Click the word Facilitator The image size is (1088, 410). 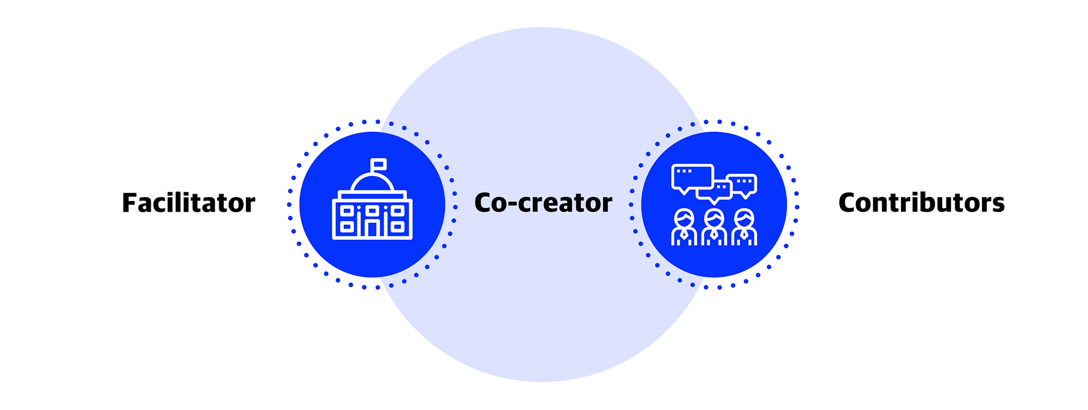pyautogui.click(x=189, y=203)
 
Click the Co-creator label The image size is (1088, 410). pyautogui.click(x=543, y=203)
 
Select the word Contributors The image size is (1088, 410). pyautogui.click(x=921, y=203)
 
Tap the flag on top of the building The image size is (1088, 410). pyautogui.click(x=379, y=164)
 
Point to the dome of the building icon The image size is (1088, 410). pyautogui.click(x=372, y=183)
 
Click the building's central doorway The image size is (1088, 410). pyautogui.click(x=372, y=228)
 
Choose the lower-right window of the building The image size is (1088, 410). pyautogui.click(x=398, y=227)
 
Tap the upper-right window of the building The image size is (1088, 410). pyautogui.click(x=398, y=211)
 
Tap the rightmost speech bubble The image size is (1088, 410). pyautogui.click(x=743, y=186)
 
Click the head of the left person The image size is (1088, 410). pyautogui.click(x=684, y=217)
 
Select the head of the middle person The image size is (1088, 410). pyautogui.click(x=714, y=217)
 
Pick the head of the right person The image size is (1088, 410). pyautogui.click(x=744, y=217)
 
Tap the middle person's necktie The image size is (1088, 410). pyautogui.click(x=714, y=234)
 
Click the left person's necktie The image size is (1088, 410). pyautogui.click(x=684, y=234)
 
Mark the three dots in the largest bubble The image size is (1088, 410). pyautogui.click(x=684, y=171)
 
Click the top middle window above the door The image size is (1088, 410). pyautogui.click(x=372, y=211)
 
